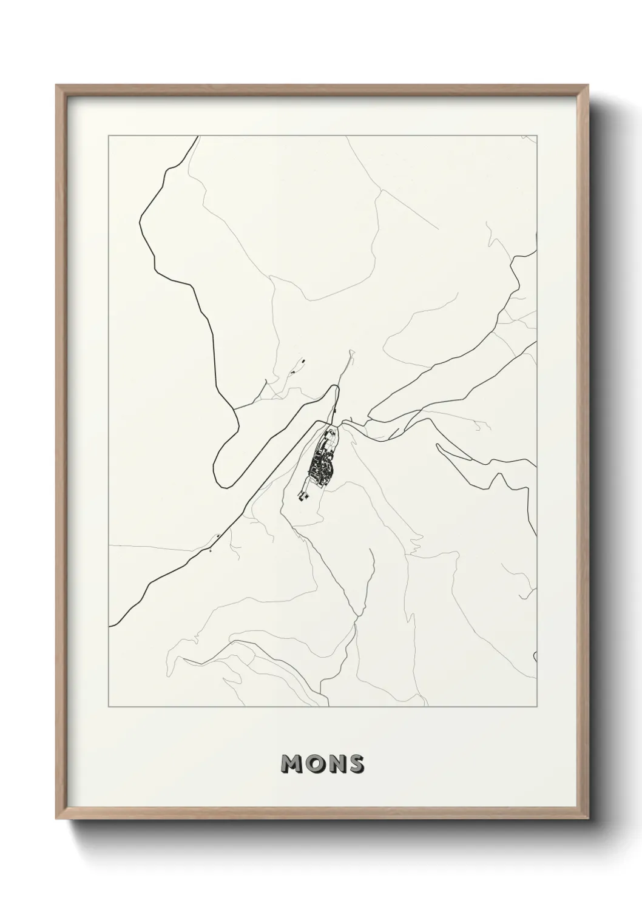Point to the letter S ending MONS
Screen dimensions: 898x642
point(355,764)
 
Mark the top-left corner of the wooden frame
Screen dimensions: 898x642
point(56,86)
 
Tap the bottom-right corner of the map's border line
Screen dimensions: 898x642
point(537,706)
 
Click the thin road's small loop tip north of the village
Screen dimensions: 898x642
point(350,352)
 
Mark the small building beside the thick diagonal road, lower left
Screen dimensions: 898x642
point(217,536)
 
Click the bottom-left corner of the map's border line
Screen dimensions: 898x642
point(109,706)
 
